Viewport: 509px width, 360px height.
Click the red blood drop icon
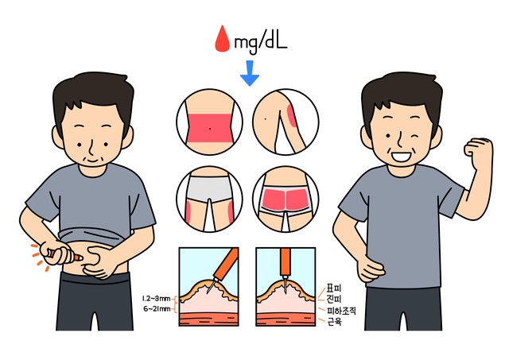223,39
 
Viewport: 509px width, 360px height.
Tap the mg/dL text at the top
261,41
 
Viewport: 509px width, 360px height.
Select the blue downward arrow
250,73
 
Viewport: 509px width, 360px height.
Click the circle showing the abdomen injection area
209,122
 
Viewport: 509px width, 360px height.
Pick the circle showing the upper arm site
286,122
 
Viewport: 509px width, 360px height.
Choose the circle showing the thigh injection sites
209,199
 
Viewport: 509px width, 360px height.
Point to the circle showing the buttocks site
286,199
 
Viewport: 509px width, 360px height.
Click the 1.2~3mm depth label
156,298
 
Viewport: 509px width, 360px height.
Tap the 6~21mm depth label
157,309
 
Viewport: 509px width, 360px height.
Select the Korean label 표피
334,288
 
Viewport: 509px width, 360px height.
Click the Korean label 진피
334,299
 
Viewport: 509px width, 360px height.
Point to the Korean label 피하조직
341,311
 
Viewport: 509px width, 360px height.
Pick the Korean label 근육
334,322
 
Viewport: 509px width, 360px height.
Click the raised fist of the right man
478,152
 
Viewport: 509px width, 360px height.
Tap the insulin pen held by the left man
64,255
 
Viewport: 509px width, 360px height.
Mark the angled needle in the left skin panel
212,284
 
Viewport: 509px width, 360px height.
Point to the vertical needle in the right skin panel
285,285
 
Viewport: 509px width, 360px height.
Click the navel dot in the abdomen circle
210,129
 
